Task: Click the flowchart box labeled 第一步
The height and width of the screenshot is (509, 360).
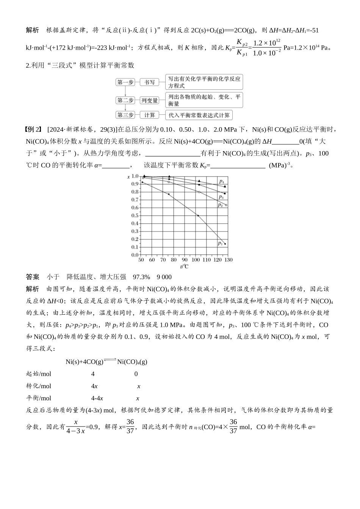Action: [x=125, y=82]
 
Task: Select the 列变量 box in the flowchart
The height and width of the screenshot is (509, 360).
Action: [x=149, y=100]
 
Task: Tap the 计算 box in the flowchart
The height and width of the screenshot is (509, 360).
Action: [x=149, y=115]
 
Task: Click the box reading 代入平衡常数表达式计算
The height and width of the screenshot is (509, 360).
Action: [x=199, y=115]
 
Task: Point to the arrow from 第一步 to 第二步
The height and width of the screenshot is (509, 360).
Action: [x=125, y=91]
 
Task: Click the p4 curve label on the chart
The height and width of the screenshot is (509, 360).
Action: [x=221, y=181]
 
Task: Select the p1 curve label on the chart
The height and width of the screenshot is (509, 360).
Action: [x=221, y=243]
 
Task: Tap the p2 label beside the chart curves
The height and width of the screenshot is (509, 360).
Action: [x=220, y=205]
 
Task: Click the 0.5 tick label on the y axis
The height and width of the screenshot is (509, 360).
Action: [x=135, y=215]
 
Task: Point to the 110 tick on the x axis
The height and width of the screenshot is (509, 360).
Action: [x=207, y=260]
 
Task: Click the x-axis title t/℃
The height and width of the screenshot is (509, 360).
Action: [x=184, y=266]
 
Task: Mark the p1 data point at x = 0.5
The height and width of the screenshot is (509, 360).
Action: [x=198, y=215]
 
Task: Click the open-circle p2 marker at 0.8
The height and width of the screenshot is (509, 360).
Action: [x=199, y=192]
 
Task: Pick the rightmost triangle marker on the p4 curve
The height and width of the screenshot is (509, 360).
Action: [x=225, y=186]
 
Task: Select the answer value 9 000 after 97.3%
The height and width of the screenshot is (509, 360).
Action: [x=164, y=277]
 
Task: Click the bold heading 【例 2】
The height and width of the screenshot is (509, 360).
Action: [x=33, y=130]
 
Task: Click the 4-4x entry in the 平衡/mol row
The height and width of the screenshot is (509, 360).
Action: [x=97, y=398]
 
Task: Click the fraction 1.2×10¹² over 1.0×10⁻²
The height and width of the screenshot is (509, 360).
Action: [x=267, y=47]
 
